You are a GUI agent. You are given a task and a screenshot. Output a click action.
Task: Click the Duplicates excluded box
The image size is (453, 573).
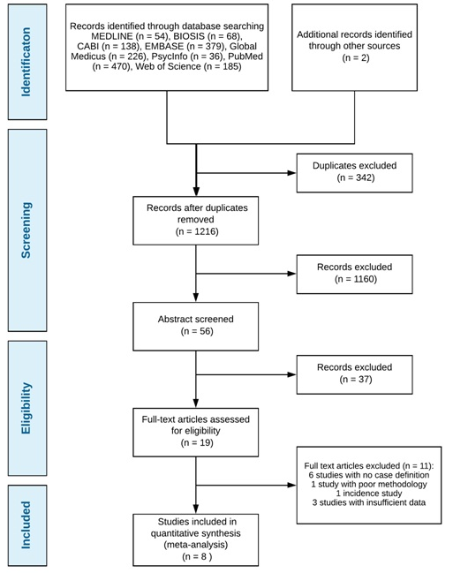[354, 173]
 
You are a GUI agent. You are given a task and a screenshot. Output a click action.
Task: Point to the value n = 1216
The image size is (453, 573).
[197, 231]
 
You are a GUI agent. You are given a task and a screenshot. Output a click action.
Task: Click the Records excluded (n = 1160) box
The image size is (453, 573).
[354, 274]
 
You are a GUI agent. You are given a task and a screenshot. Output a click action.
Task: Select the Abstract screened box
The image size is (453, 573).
[196, 327]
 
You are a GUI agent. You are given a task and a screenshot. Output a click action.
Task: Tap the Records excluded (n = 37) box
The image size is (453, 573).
[354, 374]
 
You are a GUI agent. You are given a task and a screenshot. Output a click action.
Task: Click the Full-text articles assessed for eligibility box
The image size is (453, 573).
[196, 433]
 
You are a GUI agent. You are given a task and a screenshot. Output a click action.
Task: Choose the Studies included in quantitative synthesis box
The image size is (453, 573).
[196, 539]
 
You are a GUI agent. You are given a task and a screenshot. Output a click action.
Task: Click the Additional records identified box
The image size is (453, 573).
[354, 48]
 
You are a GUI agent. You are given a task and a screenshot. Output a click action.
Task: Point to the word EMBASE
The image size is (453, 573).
[164, 47]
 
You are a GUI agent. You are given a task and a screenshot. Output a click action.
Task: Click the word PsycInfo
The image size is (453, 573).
[170, 57]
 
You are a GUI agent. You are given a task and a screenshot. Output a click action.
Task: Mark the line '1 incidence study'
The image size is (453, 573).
[369, 494]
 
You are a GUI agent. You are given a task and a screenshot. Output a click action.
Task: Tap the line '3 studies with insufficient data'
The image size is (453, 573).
[369, 502]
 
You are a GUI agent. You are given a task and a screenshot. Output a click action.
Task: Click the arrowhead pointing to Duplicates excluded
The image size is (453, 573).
[291, 173]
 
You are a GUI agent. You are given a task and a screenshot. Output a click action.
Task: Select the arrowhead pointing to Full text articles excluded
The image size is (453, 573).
[291, 485]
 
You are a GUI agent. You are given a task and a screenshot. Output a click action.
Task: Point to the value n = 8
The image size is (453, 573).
[197, 556]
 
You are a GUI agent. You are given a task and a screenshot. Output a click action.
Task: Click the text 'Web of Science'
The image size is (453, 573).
[168, 66]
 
